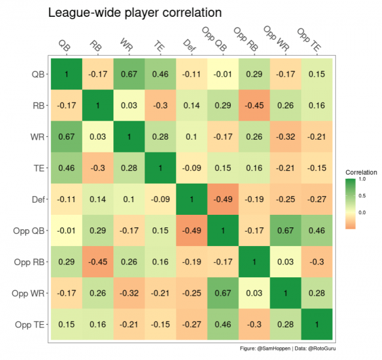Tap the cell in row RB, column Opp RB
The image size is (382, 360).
point(254,106)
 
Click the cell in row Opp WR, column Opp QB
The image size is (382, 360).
point(222,293)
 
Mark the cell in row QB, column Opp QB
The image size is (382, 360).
point(222,74)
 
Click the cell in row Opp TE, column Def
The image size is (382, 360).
point(191,325)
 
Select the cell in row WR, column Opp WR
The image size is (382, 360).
point(285,137)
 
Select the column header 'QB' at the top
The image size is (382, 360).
point(64,44)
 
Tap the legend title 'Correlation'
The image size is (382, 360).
point(360,172)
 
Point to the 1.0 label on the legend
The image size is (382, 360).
point(362,179)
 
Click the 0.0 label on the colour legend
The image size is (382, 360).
point(362,212)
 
